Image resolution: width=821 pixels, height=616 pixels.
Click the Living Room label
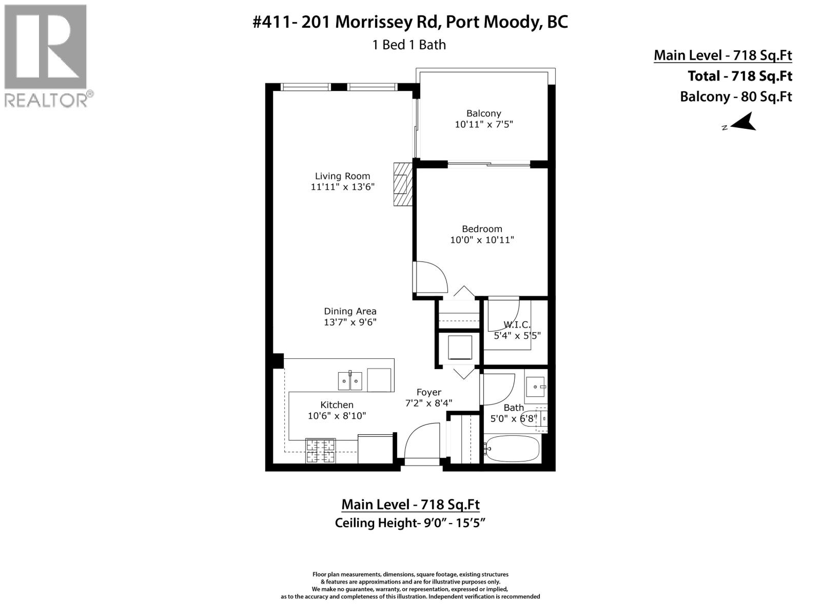(x=342, y=176)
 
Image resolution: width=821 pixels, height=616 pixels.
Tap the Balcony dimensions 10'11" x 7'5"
(x=483, y=124)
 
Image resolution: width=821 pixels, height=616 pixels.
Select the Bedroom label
(x=482, y=229)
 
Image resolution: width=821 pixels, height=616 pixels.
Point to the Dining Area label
(x=350, y=311)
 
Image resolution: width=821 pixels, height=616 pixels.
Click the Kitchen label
(x=337, y=405)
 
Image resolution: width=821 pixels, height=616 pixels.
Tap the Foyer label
(x=428, y=392)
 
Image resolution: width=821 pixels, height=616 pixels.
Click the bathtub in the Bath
(x=512, y=449)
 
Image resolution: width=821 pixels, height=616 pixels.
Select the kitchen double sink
(x=350, y=381)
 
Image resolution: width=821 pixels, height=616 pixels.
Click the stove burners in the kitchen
(x=320, y=451)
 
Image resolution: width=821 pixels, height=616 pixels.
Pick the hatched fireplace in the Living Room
(x=402, y=184)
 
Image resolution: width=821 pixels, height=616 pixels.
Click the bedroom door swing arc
(x=432, y=278)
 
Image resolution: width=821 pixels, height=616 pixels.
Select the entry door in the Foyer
(x=423, y=441)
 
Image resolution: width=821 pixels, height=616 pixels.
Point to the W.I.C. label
(x=516, y=324)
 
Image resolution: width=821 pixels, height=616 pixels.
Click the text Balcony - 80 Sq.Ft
(x=735, y=97)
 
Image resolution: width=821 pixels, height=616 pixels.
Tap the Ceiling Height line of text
(x=410, y=523)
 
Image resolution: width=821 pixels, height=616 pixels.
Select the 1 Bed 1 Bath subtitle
(x=409, y=45)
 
